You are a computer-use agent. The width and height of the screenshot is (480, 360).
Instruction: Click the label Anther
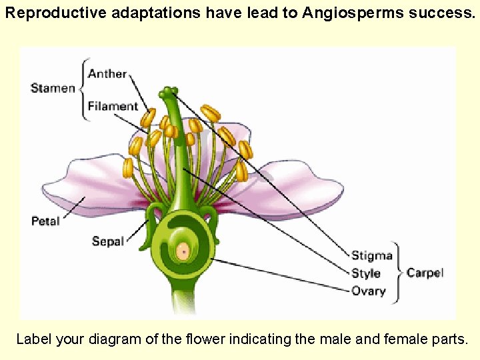click(x=107, y=73)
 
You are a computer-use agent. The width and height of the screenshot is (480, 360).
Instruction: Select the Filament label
click(x=113, y=106)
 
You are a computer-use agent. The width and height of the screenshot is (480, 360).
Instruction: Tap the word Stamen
click(x=53, y=88)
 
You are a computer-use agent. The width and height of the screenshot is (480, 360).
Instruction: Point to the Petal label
click(x=45, y=221)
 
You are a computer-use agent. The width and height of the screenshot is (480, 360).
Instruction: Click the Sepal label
click(x=108, y=241)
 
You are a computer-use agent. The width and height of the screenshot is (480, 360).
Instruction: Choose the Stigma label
click(x=371, y=255)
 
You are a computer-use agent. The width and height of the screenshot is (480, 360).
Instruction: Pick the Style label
click(x=366, y=273)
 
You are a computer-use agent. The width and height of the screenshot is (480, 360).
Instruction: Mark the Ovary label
click(x=369, y=291)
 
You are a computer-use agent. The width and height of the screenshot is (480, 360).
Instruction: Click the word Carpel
click(x=425, y=273)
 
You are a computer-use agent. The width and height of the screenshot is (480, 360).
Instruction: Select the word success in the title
click(x=441, y=13)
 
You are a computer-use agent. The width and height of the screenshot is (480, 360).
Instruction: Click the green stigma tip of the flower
click(x=169, y=91)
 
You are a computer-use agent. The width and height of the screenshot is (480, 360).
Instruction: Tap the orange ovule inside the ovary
click(x=182, y=251)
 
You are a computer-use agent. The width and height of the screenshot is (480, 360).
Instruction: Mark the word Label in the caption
click(x=33, y=339)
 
